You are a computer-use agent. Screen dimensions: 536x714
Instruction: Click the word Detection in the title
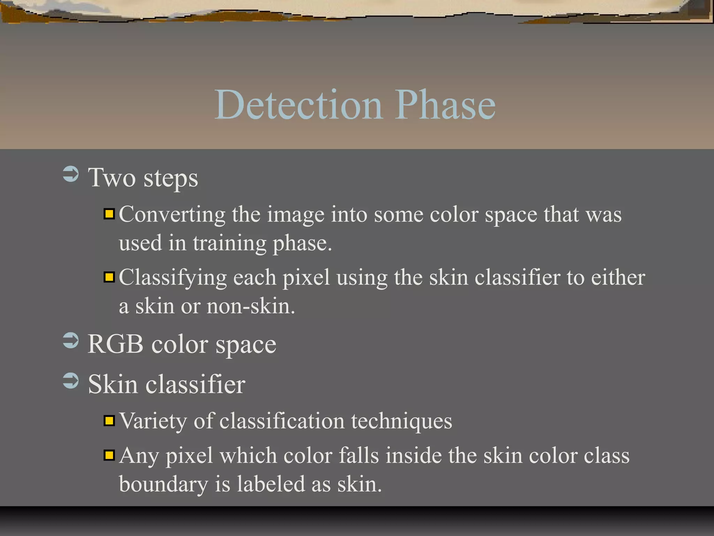point(299,105)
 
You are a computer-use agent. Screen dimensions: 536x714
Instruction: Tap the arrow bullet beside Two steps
point(71,174)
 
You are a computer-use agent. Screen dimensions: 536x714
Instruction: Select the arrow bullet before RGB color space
point(71,341)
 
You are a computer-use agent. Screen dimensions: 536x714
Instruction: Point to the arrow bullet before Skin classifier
point(71,381)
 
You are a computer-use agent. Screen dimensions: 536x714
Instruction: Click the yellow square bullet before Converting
point(109,214)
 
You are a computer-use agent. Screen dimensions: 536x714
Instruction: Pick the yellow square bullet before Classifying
point(109,277)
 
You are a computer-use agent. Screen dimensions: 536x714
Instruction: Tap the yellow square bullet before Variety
point(109,421)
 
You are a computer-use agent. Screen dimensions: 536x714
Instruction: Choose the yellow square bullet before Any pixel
point(109,455)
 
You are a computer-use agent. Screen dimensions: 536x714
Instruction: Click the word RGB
point(115,344)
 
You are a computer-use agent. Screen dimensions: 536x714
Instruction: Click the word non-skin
point(251,306)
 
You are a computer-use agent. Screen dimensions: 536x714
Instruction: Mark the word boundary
point(163,485)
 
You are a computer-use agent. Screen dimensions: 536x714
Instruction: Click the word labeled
point(271,484)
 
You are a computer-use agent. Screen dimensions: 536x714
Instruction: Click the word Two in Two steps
point(112,178)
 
